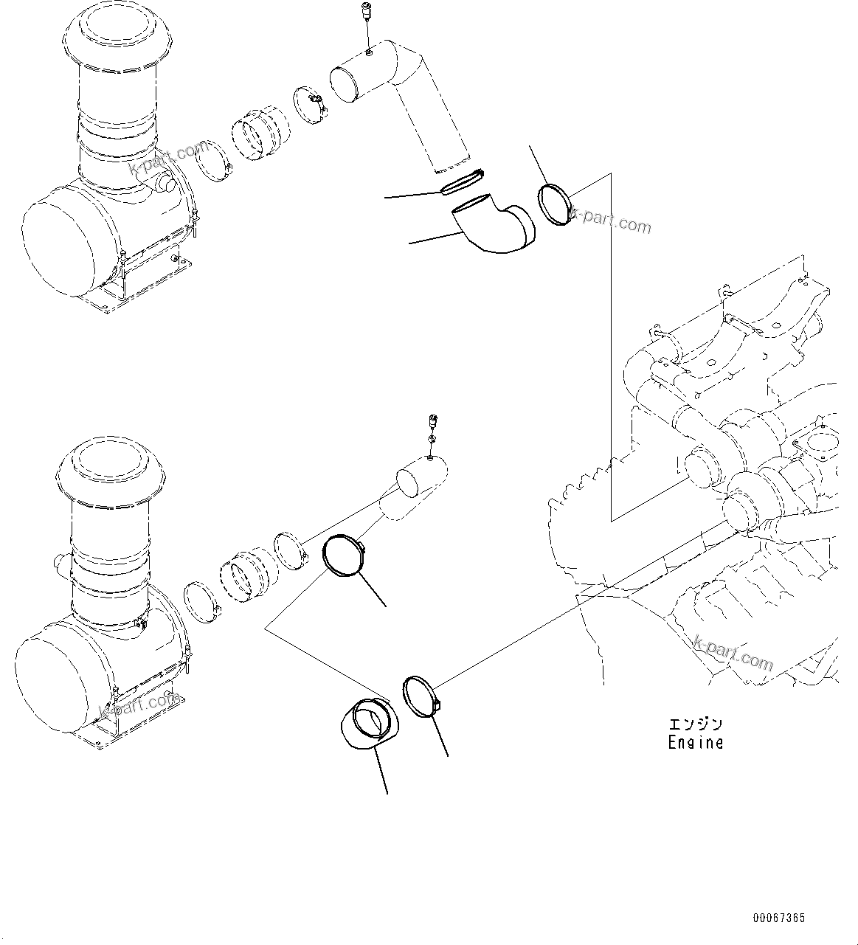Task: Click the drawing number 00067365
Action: (779, 918)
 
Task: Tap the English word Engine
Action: (696, 743)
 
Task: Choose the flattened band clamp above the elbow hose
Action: (462, 181)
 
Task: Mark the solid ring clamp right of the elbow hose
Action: (554, 206)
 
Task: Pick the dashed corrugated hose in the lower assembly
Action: (247, 574)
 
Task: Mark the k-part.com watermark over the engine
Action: (733, 653)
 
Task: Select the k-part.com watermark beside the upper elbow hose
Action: (611, 221)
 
